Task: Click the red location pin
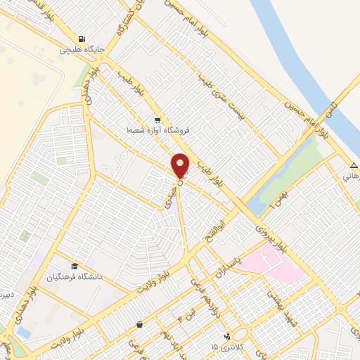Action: tap(181, 166)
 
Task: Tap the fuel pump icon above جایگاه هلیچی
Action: tap(83, 39)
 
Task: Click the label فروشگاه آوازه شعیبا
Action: tap(159, 131)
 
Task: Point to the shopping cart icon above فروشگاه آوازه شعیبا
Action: tap(157, 120)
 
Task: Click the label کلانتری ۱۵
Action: tap(224, 348)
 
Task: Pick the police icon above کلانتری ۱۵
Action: tap(226, 337)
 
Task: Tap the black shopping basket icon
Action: tap(140, 325)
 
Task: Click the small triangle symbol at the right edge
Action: tap(352, 167)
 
